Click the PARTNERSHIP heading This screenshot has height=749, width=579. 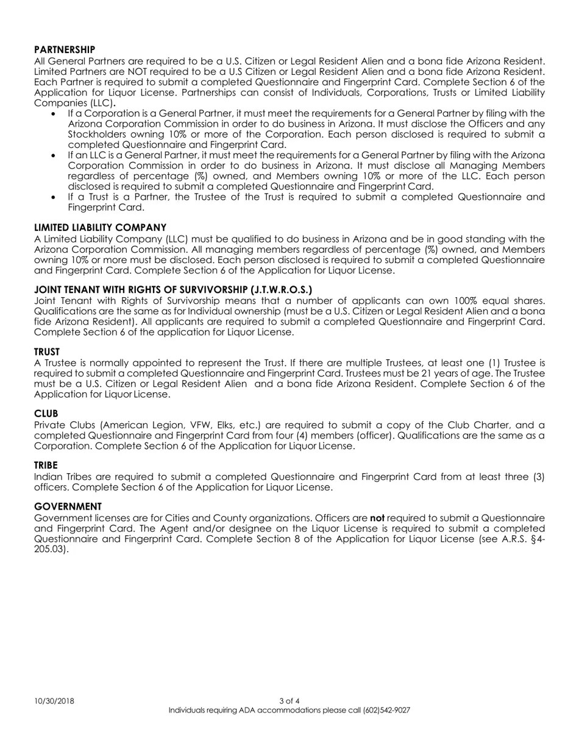coord(65,49)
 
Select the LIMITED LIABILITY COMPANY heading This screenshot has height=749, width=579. coord(100,227)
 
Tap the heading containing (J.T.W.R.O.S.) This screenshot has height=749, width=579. coord(173,289)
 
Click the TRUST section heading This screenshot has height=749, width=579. coord(47,352)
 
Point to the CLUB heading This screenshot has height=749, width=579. coord(46,413)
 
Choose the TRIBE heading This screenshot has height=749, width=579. coord(46,465)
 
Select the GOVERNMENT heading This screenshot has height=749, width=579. coord(68,507)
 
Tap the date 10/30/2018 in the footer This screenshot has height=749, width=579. coord(54,701)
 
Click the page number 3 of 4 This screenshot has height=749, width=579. coord(289,701)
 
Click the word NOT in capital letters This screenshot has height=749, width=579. coord(138,72)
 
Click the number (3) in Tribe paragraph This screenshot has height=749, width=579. coord(538,477)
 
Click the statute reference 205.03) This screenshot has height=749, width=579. coord(51,549)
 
